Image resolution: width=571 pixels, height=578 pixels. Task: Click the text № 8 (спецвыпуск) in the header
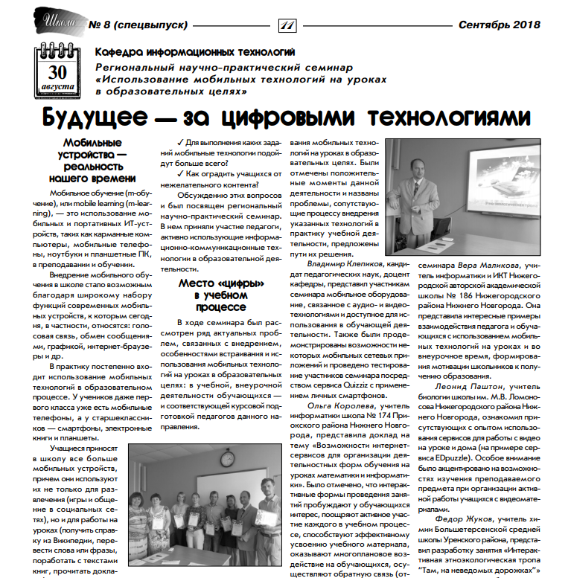tap(138, 25)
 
